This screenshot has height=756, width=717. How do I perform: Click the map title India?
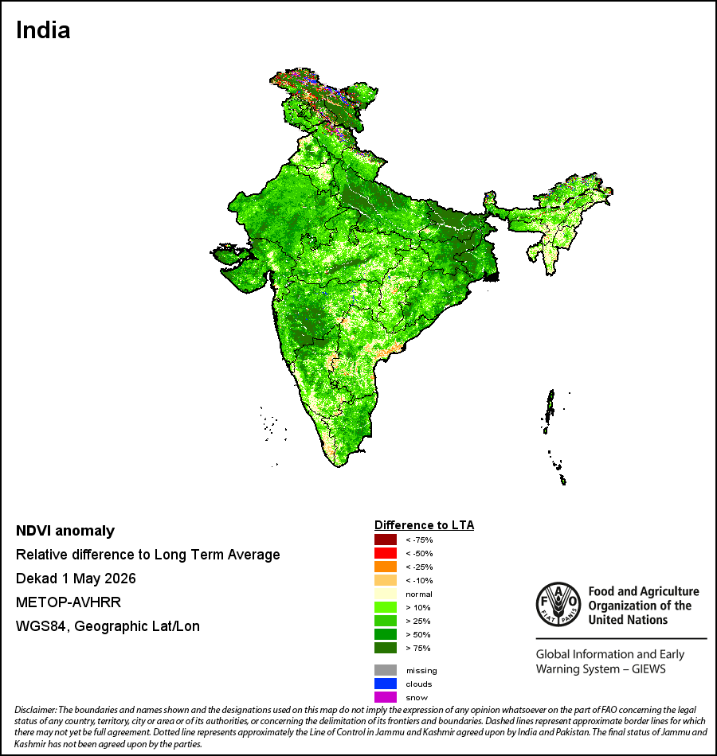tap(43, 30)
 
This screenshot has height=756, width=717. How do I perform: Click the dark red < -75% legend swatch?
tap(386, 540)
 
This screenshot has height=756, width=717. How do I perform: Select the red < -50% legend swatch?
tap(386, 553)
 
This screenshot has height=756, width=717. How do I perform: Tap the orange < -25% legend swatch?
tap(386, 567)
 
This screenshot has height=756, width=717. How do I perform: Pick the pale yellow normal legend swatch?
tap(386, 594)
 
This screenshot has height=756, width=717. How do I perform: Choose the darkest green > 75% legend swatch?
tap(386, 648)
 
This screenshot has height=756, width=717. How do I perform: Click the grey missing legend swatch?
tap(386, 670)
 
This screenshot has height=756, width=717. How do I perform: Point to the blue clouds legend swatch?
tap(386, 684)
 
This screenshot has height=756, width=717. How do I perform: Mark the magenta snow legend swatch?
tap(386, 697)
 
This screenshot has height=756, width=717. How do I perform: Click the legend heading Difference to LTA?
tap(424, 525)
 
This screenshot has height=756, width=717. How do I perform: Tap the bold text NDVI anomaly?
tap(65, 531)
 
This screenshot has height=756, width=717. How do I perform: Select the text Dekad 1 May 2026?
tap(76, 579)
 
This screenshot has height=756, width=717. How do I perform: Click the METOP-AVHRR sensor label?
tap(69, 602)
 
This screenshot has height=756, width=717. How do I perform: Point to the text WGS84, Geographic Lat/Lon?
tap(108, 626)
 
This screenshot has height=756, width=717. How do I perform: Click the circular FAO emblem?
tap(558, 605)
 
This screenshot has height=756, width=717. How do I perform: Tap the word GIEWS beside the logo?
tap(649, 669)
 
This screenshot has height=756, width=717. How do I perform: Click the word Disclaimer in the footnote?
tap(36, 710)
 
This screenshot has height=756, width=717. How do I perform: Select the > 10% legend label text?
tap(418, 607)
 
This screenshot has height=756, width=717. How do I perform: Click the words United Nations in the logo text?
tap(628, 620)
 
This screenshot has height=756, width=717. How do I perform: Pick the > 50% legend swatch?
tap(386, 634)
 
